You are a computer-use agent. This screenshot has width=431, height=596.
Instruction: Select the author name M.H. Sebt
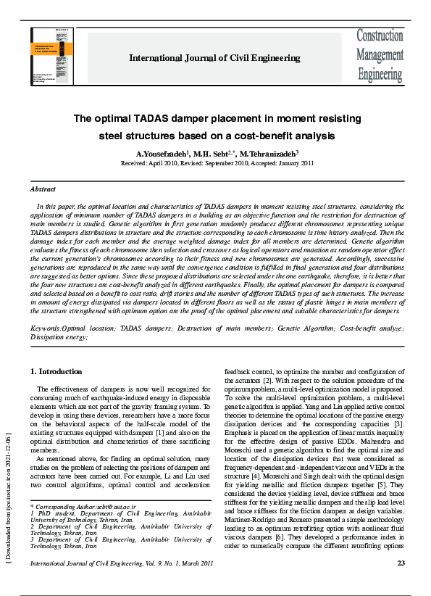(x=212, y=154)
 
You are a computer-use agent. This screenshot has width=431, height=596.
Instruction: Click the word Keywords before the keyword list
(x=45, y=328)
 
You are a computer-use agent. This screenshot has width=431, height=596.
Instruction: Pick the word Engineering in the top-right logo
(x=379, y=73)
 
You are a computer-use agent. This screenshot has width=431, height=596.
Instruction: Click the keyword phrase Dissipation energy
(x=59, y=336)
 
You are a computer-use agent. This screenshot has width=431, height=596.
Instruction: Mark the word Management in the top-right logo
(x=379, y=54)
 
